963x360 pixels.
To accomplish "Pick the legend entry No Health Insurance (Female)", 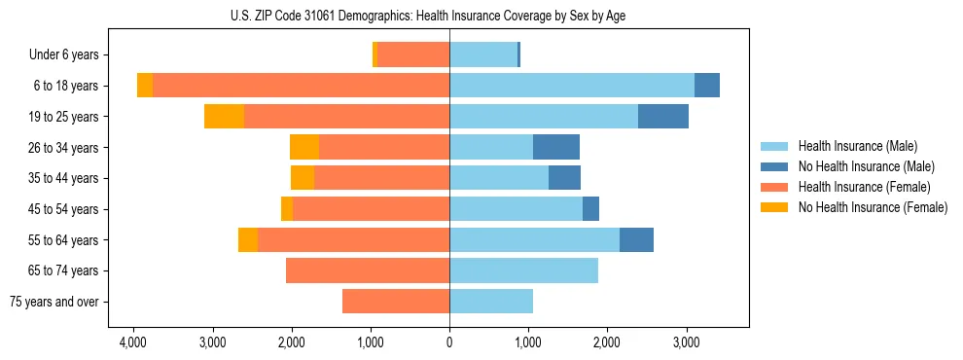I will [873, 207].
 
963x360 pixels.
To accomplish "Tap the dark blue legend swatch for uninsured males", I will [774, 167].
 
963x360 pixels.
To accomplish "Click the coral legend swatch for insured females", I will [774, 187].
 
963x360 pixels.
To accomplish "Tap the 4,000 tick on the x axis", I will [133, 343].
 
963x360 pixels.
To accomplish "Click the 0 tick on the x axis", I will [449, 343].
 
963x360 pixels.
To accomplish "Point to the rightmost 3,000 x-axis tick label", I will [686, 343].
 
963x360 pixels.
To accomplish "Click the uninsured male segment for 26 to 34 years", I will [556, 148].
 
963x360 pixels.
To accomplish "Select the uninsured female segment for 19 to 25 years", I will [224, 117].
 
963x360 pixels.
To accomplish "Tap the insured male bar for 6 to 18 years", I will [572, 86].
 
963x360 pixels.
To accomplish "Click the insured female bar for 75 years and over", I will [396, 302].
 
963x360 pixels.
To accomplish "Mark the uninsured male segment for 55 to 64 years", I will [636, 239].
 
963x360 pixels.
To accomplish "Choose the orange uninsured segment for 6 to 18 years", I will [145, 86].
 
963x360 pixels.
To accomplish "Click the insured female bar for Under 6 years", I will [413, 55].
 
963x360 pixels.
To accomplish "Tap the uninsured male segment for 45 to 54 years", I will [590, 209].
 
